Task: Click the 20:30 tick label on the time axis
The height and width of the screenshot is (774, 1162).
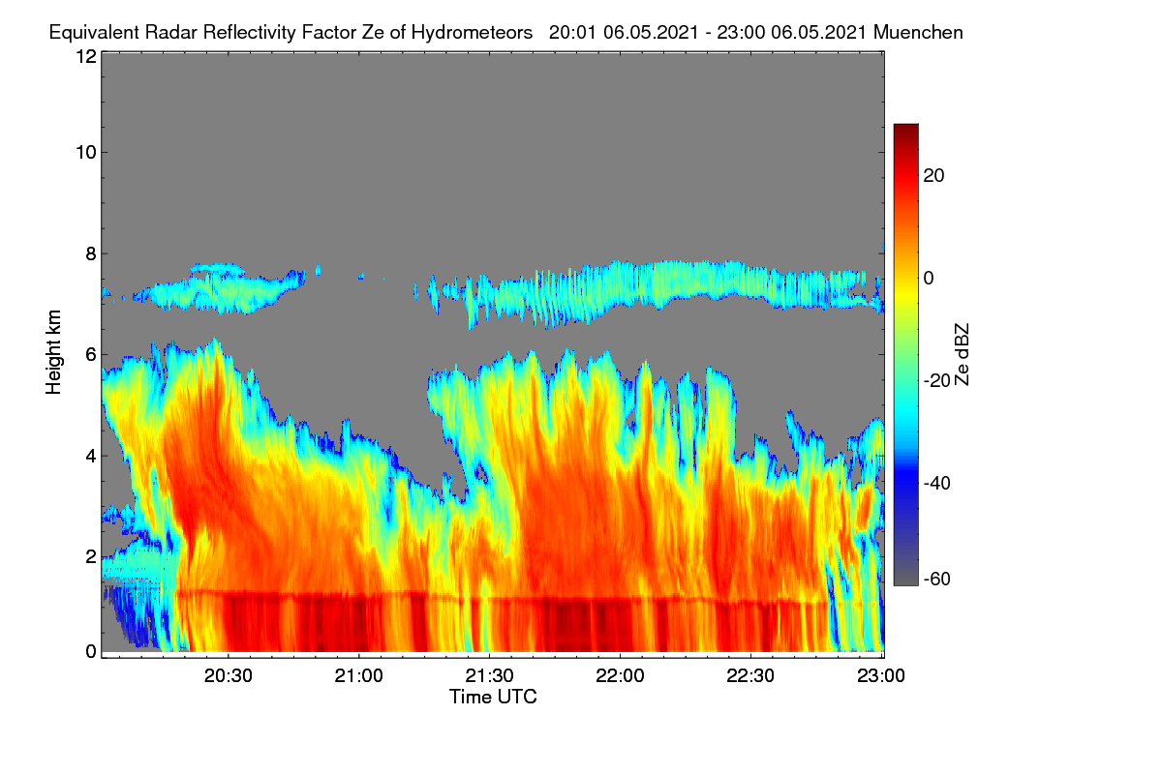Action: [x=228, y=676]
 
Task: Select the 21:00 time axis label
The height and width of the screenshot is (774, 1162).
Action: [x=358, y=676]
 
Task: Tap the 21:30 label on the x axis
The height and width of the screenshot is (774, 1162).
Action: [x=489, y=676]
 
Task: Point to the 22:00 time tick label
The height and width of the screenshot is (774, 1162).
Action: [x=620, y=676]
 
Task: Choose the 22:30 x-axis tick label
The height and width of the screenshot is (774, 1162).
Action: [x=750, y=676]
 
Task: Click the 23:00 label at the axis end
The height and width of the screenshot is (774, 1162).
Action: [x=881, y=676]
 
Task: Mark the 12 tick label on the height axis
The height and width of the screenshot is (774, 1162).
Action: [x=86, y=56]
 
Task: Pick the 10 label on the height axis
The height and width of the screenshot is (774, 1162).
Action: [x=86, y=153]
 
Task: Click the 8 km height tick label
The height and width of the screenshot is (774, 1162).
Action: [x=91, y=253]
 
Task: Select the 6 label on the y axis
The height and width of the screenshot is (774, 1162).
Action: [x=91, y=355]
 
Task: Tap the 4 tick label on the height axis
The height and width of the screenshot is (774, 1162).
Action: [x=91, y=457]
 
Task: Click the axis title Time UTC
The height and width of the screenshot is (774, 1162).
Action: [x=493, y=697]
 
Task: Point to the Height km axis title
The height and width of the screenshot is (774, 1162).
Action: [x=53, y=352]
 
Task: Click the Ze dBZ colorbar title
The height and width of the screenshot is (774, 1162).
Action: [x=962, y=355]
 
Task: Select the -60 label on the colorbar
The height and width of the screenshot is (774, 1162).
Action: [x=937, y=580]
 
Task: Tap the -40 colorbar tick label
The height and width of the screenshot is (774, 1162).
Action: [x=937, y=483]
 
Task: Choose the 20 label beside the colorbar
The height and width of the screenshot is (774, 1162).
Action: [x=933, y=176]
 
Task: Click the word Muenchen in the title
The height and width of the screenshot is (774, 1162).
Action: [x=918, y=32]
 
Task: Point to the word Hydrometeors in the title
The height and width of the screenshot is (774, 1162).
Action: [x=472, y=33]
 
